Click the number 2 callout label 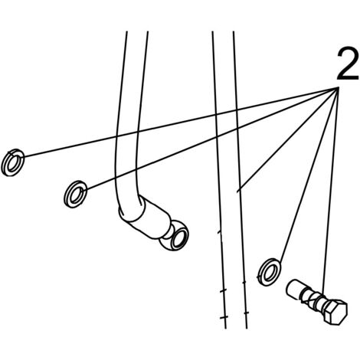point(347,64)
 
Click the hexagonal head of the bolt point(335,312)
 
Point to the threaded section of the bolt point(313,298)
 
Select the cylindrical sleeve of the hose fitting point(151,217)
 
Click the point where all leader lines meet point(339,87)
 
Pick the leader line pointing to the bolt point(331,190)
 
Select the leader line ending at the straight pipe point(288,139)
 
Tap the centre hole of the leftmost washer point(13,163)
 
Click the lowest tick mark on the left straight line point(224,317)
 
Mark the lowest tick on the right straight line point(246,313)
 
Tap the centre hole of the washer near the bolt point(269,273)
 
